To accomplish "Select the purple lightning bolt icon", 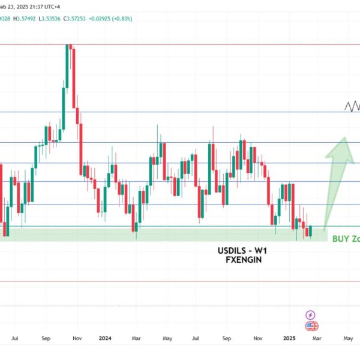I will (311, 314).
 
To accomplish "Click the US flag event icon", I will (311, 326).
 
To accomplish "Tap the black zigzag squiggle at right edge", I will (353, 107).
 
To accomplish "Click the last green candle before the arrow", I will (310, 231).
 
